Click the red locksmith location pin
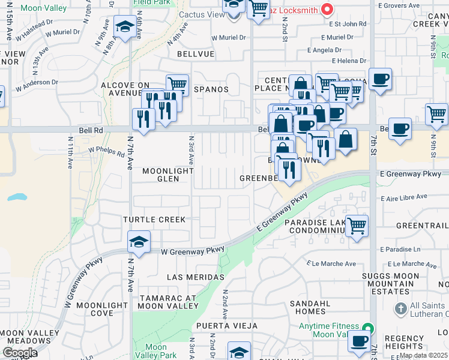point(327,9)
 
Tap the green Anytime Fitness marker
point(368,328)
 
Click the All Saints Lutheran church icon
point(401,309)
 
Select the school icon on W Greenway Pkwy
point(139,241)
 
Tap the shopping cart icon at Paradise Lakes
point(357,226)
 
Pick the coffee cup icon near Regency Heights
point(360,341)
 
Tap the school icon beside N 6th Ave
point(124,27)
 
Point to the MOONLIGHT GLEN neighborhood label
point(160,175)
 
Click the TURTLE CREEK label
point(154,220)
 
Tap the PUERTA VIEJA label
point(217,326)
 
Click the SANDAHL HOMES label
point(310,308)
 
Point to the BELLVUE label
point(196,53)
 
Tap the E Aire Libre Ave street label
point(403,196)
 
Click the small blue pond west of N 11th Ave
point(17,196)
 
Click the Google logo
point(19,353)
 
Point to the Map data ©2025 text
point(423,355)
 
